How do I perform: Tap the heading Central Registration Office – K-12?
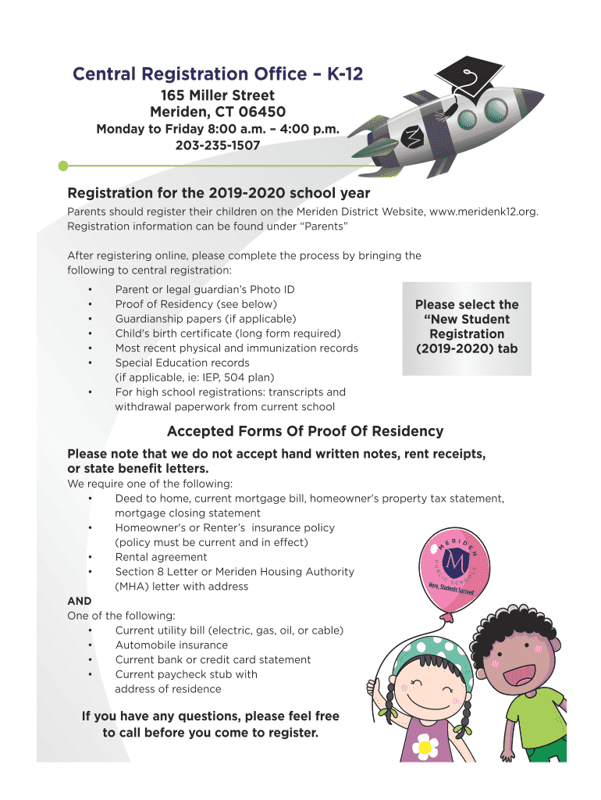click(x=218, y=74)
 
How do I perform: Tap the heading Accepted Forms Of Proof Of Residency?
click(x=305, y=431)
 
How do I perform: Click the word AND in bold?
click(x=80, y=601)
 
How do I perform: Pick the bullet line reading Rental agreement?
click(x=161, y=557)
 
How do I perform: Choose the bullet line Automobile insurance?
click(x=172, y=645)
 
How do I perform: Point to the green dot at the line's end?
click(x=63, y=166)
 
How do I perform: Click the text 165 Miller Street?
click(x=218, y=96)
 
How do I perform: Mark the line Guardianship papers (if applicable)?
click(x=205, y=319)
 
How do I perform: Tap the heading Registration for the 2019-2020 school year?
click(x=219, y=193)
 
